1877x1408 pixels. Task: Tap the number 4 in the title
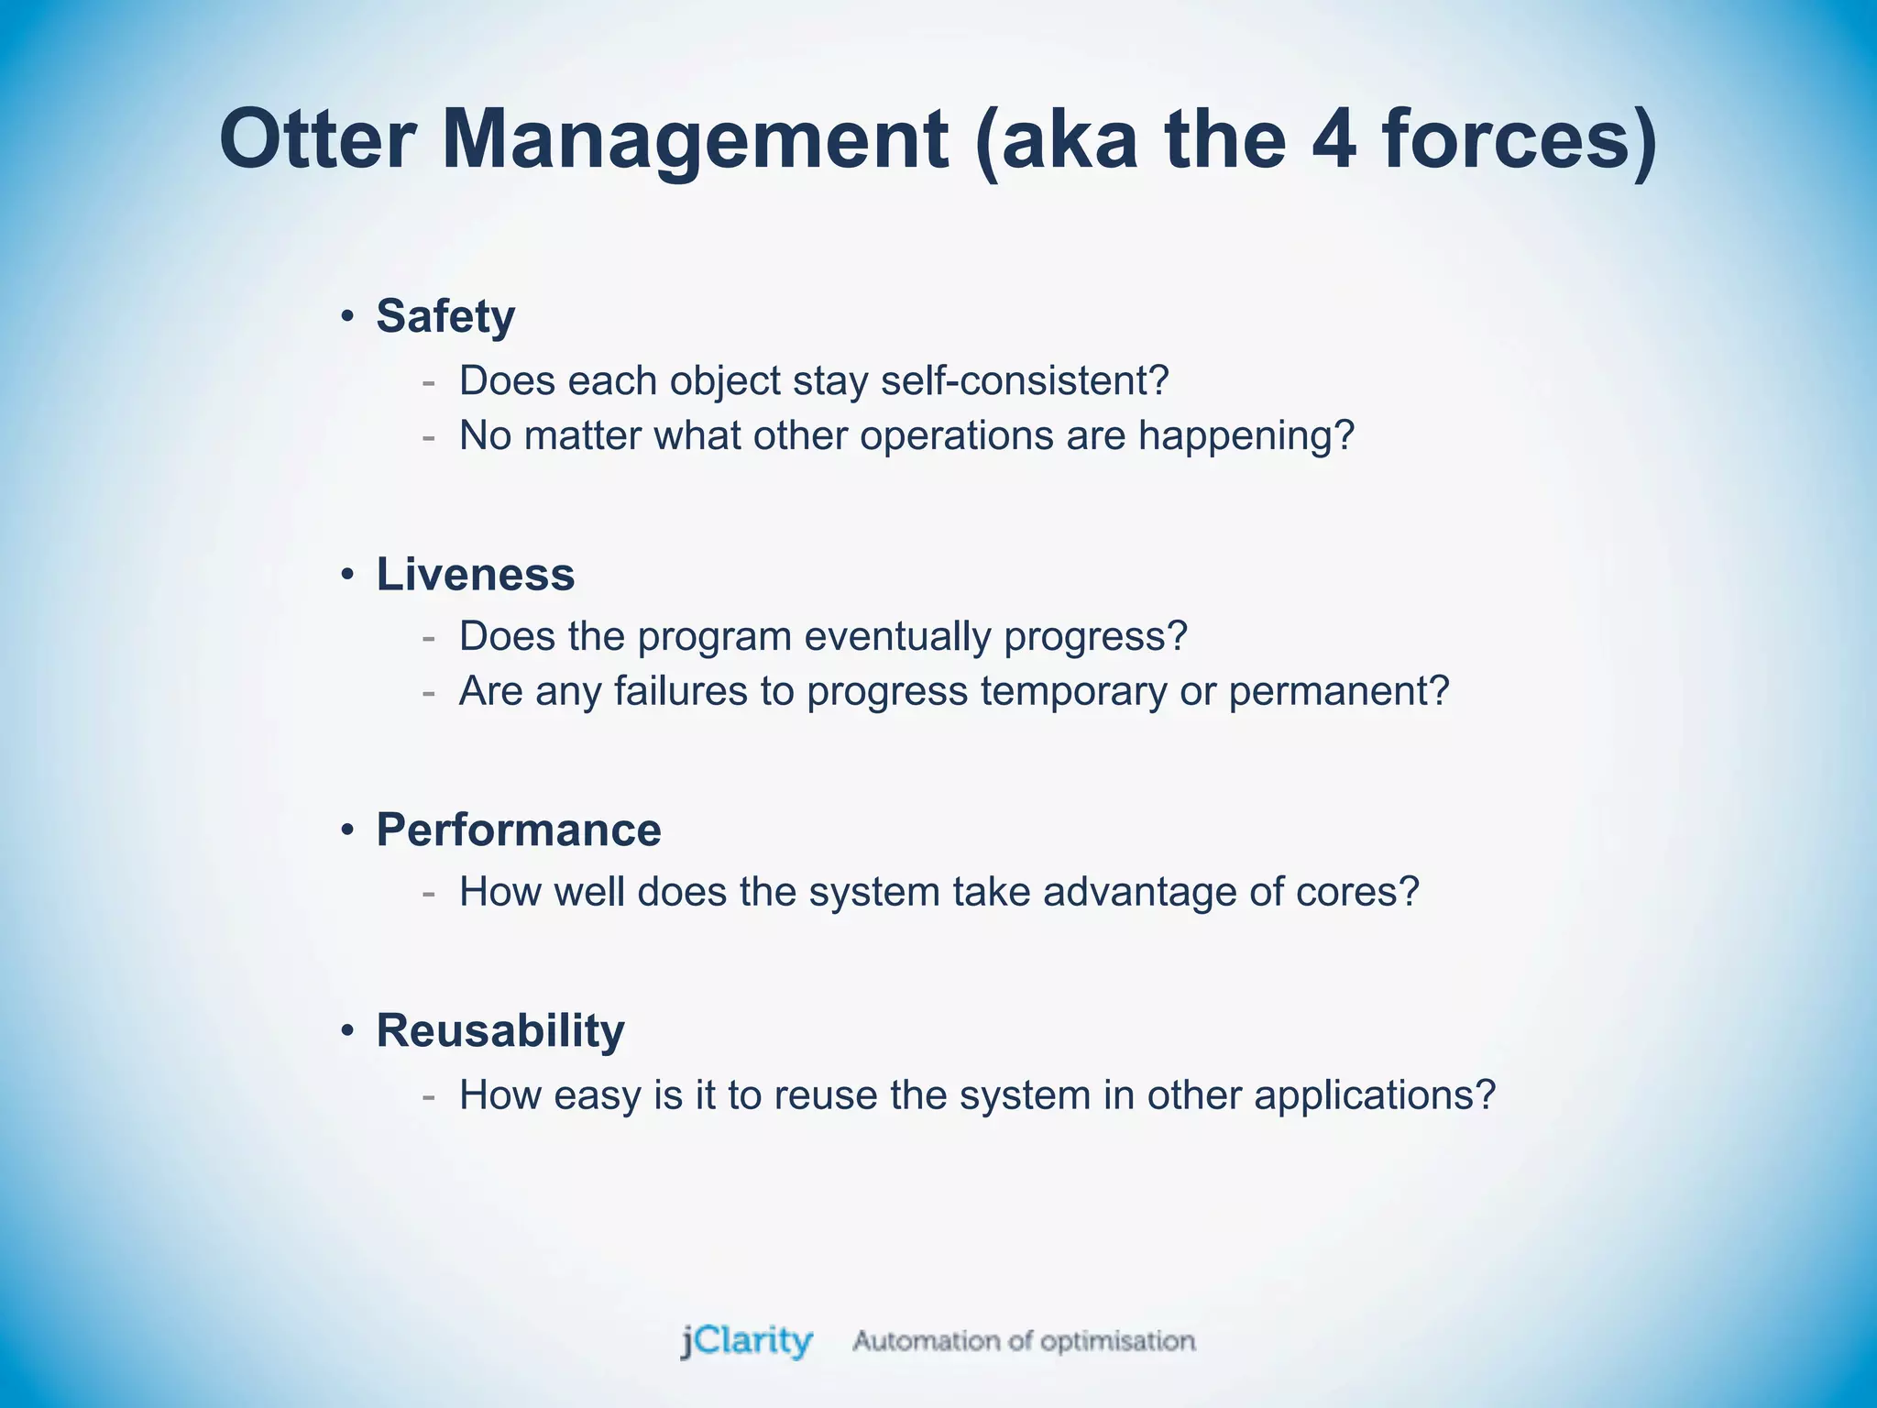[x=1332, y=139]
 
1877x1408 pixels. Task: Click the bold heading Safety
[x=445, y=316]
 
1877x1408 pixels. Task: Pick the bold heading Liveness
[x=475, y=575]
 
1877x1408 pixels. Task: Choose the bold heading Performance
[x=518, y=830]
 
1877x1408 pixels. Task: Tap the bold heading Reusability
[x=500, y=1030]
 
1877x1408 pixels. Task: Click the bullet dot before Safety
[x=346, y=317]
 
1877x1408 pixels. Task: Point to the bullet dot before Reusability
[x=346, y=1031]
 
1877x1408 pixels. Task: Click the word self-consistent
[x=1025, y=380]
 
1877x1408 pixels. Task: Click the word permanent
[x=1338, y=691]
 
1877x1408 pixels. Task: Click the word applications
[x=1374, y=1095]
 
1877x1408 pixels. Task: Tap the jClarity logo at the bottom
[x=746, y=1341]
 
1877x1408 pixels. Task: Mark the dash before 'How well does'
[x=428, y=893]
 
